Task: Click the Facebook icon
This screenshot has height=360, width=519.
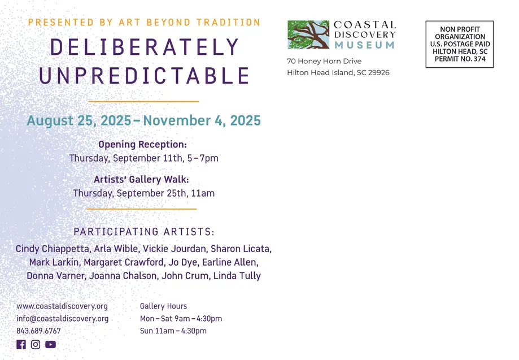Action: pyautogui.click(x=21, y=344)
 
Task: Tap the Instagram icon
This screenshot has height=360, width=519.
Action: pyautogui.click(x=36, y=344)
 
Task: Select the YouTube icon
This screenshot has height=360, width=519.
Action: pyautogui.click(x=51, y=344)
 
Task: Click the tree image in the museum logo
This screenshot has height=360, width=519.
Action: pyautogui.click(x=308, y=34)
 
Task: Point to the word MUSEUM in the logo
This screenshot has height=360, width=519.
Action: pyautogui.click(x=365, y=45)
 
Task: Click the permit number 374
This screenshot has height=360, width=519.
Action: pyautogui.click(x=479, y=59)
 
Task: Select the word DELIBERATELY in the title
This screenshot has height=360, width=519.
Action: pyautogui.click(x=145, y=47)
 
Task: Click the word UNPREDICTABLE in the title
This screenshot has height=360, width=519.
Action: pyautogui.click(x=145, y=75)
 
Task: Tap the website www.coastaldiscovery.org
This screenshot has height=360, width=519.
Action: pyautogui.click(x=62, y=306)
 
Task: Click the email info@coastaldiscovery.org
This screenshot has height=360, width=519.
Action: pyautogui.click(x=63, y=318)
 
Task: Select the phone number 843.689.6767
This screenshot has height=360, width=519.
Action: pyautogui.click(x=39, y=331)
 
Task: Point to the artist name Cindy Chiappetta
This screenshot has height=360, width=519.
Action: pyautogui.click(x=53, y=249)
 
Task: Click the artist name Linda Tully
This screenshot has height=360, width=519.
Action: pyautogui.click(x=237, y=276)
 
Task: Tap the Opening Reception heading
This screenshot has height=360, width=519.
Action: pyautogui.click(x=143, y=145)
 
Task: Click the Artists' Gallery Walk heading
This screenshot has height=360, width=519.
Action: pyautogui.click(x=141, y=179)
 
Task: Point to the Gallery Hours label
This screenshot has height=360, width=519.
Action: pyautogui.click(x=164, y=306)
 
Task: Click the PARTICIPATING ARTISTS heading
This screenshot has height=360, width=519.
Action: pyautogui.click(x=144, y=232)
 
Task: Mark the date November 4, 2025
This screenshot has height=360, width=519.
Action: pyautogui.click(x=202, y=120)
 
